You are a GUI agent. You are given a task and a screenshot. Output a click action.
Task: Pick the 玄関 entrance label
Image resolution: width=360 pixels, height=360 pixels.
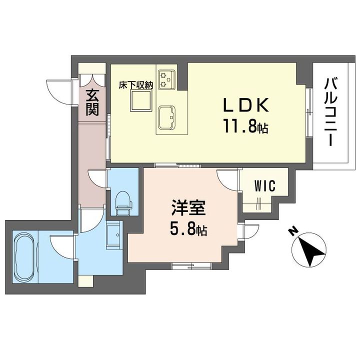[91, 102]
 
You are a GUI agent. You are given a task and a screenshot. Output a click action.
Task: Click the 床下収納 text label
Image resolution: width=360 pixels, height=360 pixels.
[135, 85]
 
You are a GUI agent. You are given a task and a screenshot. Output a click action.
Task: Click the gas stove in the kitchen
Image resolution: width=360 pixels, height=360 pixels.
[166, 79]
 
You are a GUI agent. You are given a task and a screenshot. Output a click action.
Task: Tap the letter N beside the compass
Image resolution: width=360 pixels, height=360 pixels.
[293, 230]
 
